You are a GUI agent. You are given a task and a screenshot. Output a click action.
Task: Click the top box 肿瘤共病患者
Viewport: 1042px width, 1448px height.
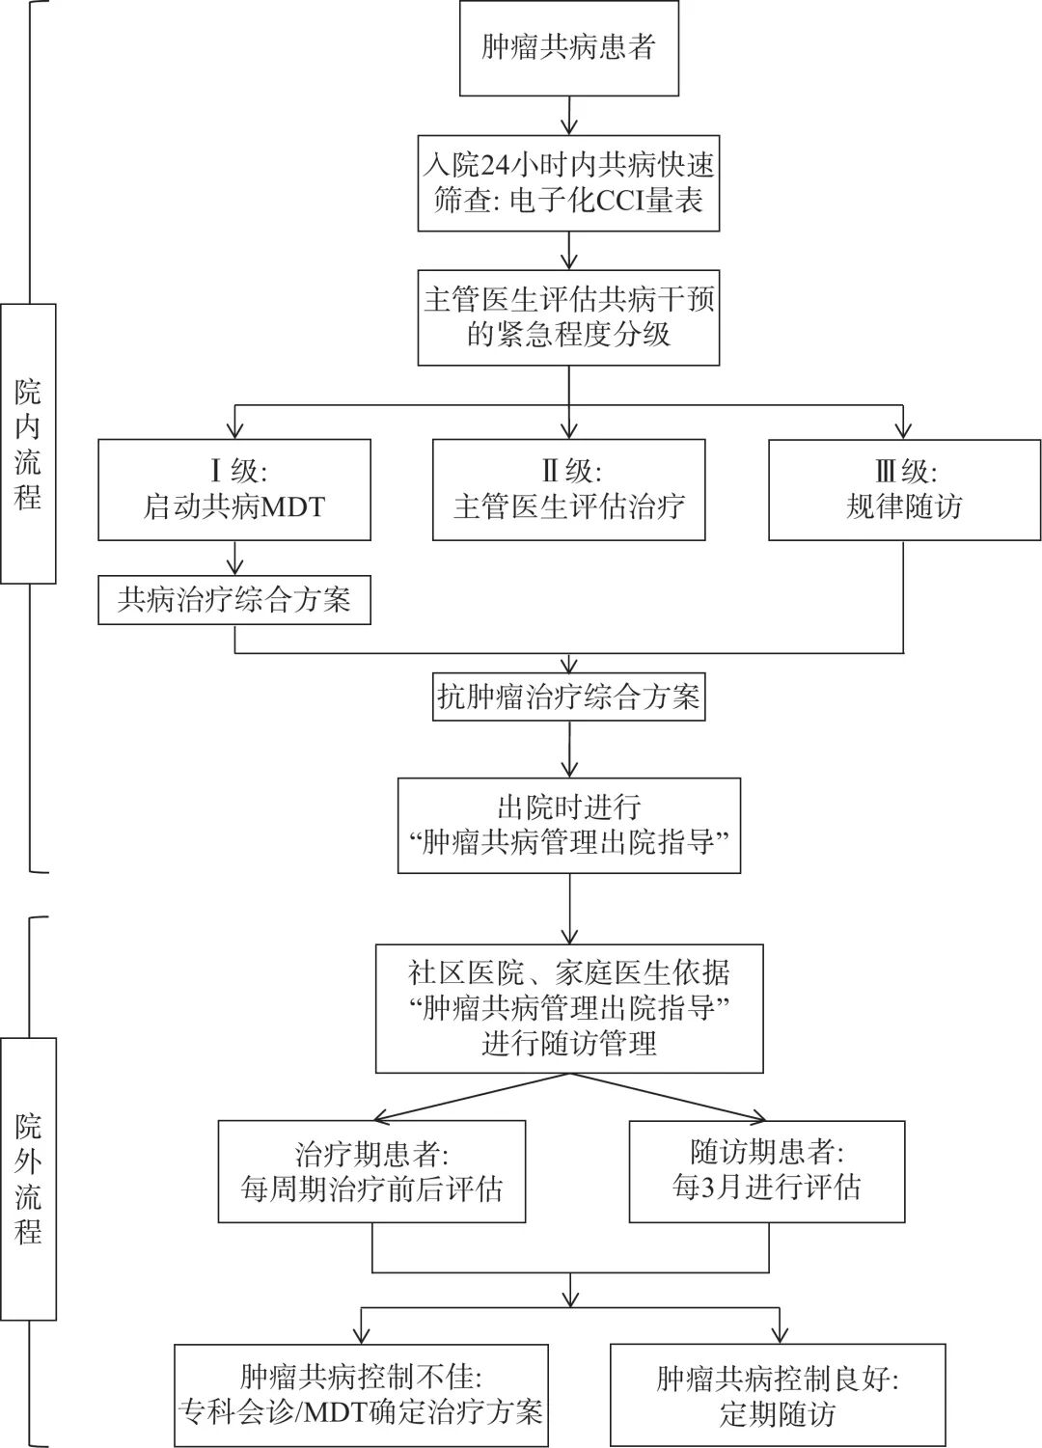click(568, 48)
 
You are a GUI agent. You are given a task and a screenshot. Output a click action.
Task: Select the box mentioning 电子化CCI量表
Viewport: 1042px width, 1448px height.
click(568, 183)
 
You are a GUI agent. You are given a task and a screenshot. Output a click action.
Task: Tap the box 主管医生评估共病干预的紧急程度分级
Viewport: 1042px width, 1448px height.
click(568, 317)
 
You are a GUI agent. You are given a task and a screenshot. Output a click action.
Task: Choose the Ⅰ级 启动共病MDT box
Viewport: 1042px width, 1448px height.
click(234, 489)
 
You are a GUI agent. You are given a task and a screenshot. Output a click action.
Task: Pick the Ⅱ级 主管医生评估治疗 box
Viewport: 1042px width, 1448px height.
click(568, 489)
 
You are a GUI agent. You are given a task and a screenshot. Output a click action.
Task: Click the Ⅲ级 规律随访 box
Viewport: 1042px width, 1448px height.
click(904, 489)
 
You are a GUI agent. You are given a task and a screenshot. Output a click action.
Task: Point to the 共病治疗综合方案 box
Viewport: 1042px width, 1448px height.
click(234, 600)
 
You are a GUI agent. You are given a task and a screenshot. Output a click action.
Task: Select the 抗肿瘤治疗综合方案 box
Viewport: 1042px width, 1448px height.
click(568, 697)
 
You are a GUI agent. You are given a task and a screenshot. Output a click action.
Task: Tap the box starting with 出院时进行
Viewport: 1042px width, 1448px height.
click(568, 825)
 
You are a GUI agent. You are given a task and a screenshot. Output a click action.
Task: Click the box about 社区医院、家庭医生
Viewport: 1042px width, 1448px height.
click(568, 1008)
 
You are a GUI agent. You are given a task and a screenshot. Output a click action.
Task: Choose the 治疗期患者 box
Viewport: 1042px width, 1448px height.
click(371, 1171)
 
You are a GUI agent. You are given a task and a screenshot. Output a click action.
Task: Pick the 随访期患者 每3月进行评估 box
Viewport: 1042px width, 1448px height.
click(766, 1171)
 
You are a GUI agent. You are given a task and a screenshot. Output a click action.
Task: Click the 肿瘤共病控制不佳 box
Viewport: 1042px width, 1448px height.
click(361, 1395)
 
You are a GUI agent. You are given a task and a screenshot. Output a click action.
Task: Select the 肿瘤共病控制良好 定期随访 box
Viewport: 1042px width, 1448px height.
click(778, 1395)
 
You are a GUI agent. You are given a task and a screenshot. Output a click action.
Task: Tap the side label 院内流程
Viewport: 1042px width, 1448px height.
click(28, 444)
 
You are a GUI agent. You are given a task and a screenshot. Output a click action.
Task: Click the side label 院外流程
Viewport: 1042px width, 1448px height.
click(28, 1179)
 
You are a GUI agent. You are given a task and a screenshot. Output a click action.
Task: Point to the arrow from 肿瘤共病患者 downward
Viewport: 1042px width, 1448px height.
click(569, 116)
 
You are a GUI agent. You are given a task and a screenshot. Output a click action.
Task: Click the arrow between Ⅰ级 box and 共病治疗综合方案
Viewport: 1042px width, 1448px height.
click(235, 558)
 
